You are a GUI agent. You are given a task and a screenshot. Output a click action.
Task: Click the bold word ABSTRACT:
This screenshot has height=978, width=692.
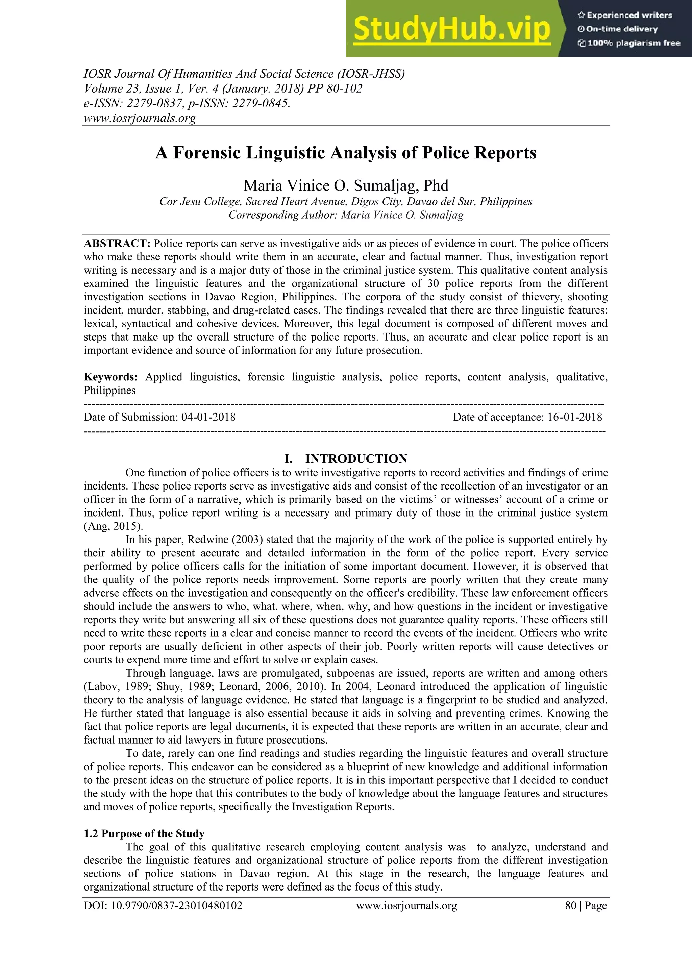coord(117,244)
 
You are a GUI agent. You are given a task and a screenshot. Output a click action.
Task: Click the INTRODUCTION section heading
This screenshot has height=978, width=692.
coord(356,459)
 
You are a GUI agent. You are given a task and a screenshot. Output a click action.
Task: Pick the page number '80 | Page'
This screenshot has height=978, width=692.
coord(586,906)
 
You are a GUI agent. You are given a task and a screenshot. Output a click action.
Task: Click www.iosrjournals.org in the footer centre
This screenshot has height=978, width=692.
coord(406,906)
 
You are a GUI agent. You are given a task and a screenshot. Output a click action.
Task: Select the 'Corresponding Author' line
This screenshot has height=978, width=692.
coord(346,215)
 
